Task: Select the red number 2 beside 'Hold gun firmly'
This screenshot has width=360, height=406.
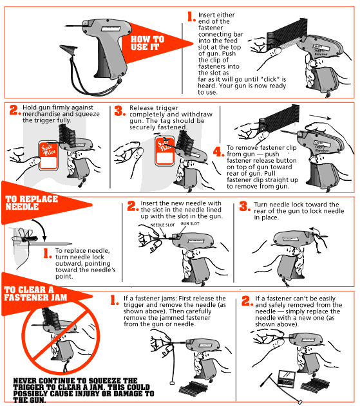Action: pos(14,110)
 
